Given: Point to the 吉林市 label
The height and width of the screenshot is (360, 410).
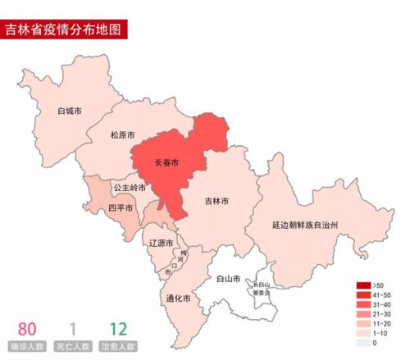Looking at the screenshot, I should pos(216,200).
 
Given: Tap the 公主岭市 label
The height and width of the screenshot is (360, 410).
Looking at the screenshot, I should pos(130,187).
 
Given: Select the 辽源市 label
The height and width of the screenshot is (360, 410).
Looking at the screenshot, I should pos(161,244).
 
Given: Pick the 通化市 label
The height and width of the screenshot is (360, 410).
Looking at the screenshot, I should pos(179,298).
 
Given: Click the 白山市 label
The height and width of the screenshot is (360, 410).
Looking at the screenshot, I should pos(228,279).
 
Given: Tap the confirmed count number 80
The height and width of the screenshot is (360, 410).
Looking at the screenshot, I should pos(27,329).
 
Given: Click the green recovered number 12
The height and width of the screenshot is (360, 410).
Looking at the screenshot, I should pos(118,329).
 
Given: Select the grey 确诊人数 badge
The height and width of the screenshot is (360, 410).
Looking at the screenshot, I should pos(27,347).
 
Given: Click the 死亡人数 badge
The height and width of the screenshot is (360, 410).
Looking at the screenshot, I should pos(73,347).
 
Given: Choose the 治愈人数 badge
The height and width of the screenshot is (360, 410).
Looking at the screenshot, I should pos(118,347).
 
